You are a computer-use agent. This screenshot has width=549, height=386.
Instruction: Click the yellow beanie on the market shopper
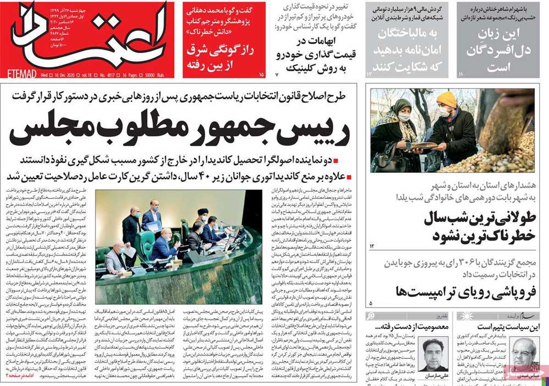point(446,99)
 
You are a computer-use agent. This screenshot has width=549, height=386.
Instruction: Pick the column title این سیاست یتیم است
point(505,327)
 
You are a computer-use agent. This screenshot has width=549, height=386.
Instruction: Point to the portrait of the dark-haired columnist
point(433,352)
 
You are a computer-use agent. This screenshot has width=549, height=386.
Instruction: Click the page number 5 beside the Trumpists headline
point(371,303)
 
